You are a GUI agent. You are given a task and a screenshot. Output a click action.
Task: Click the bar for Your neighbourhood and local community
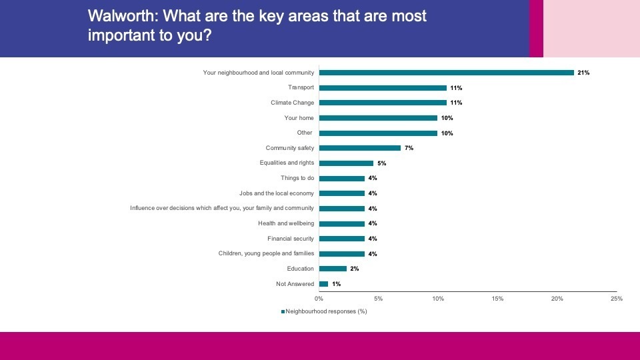[x=446, y=73]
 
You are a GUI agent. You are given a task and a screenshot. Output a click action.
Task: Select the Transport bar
[x=383, y=87]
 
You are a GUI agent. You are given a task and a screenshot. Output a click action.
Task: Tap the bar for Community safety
[x=359, y=148]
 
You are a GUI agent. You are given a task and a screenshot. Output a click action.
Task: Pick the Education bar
[x=333, y=269]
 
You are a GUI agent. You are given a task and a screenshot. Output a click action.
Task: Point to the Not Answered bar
[x=323, y=284]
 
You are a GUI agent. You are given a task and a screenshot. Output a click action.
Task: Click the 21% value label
[x=583, y=73]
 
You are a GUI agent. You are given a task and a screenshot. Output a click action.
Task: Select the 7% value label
[x=409, y=148]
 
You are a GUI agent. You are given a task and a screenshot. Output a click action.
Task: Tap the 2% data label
[x=354, y=269]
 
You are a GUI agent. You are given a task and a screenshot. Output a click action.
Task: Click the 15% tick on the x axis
[x=497, y=299]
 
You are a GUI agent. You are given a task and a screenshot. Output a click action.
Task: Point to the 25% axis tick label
[x=617, y=299]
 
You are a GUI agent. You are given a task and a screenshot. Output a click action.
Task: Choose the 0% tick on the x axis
[x=319, y=299]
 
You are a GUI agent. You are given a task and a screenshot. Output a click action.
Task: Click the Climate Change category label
[x=292, y=103]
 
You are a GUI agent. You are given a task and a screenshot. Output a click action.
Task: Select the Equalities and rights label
[x=286, y=163]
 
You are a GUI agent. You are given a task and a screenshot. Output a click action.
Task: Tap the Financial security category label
[x=290, y=239]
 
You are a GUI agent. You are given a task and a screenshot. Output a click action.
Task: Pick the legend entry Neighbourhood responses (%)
[x=325, y=311]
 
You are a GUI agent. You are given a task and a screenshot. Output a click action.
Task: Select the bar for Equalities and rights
[x=346, y=163]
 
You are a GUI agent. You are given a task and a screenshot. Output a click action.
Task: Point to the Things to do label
[x=297, y=178]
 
